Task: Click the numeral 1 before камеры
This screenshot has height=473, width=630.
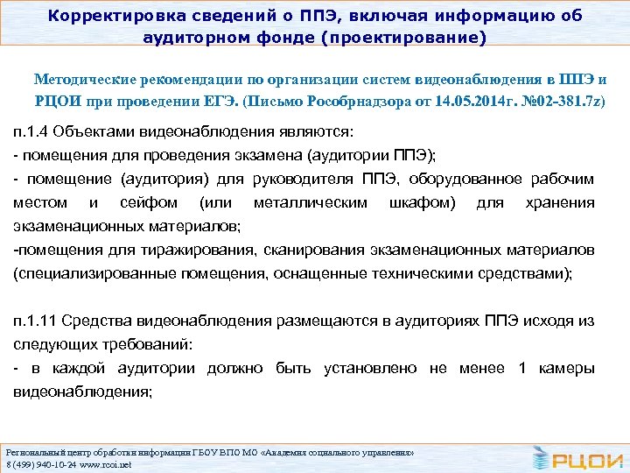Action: [x=521, y=369]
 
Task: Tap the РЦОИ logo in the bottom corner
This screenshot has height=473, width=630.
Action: [x=577, y=455]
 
